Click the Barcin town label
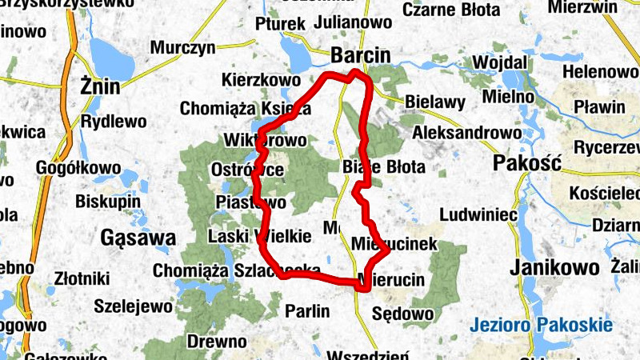pos(361,56)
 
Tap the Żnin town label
pos(100,86)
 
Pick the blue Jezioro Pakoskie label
pos(542,325)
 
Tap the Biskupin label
pos(108,201)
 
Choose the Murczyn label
pos(183,47)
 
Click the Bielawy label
pos(435,102)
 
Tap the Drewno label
pos(216,342)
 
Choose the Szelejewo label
pos(133,306)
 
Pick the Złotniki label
pos(78,279)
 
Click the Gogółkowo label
pos(79,169)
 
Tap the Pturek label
pos(280,24)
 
